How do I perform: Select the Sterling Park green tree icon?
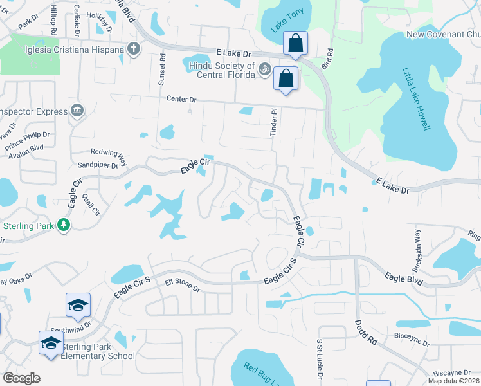point(64,225)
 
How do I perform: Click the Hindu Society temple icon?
point(263,67)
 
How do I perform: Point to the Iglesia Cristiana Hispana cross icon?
point(134,49)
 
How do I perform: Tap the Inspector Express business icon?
point(78,111)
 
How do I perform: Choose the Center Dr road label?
point(181,100)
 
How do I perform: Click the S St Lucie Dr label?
point(318,359)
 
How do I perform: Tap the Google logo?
point(21,378)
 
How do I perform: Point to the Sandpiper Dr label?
point(97,165)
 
